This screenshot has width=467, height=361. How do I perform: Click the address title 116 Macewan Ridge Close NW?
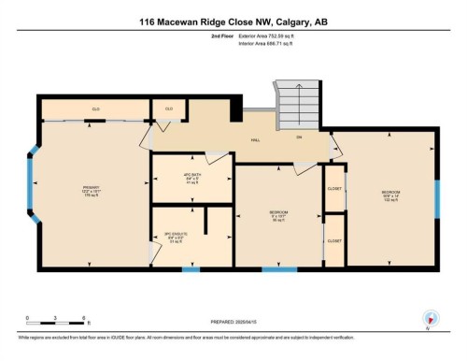tap(233, 22)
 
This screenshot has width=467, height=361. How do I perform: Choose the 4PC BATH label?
tap(191, 175)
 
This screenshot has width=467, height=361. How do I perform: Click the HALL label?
tap(254, 140)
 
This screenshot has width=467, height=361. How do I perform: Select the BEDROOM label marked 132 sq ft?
tap(389, 195)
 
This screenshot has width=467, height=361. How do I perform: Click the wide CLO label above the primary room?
tap(95, 109)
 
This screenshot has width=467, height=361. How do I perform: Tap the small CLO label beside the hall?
tap(169, 109)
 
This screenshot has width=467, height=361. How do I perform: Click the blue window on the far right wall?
tap(436, 198)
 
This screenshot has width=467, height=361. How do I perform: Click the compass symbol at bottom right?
tap(429, 318)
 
